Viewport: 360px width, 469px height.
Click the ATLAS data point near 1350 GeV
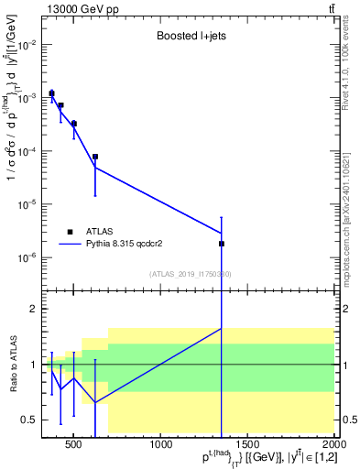(222, 244)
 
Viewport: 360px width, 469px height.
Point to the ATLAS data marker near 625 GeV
(95, 157)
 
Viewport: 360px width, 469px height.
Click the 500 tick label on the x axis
(74, 446)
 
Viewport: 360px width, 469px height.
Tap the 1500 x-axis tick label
(248, 446)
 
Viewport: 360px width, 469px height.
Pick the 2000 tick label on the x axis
(333, 446)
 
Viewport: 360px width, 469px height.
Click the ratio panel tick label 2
(33, 310)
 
